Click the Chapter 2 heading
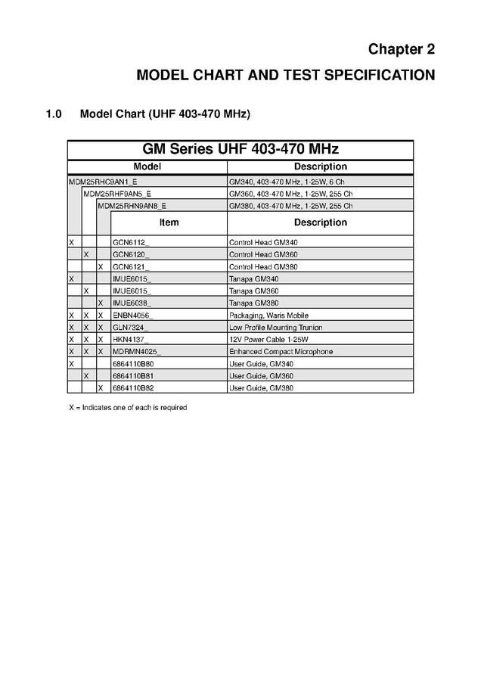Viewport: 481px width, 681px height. pyautogui.click(x=401, y=49)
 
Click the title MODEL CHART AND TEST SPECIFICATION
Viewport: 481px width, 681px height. pyautogui.click(x=285, y=75)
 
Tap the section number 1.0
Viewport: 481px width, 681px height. pyautogui.click(x=53, y=114)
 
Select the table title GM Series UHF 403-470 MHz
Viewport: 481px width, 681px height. pyautogui.click(x=240, y=148)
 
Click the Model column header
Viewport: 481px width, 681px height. pyautogui.click(x=147, y=166)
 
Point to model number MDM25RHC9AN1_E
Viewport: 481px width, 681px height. pyautogui.click(x=103, y=182)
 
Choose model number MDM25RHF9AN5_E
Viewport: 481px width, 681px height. pyautogui.click(x=117, y=194)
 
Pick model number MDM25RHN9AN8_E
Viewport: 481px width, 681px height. pyautogui.click(x=132, y=206)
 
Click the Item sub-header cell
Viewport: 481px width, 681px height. pyautogui.click(x=169, y=222)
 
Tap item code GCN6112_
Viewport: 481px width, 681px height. pyautogui.click(x=131, y=243)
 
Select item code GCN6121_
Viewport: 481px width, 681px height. pyautogui.click(x=131, y=267)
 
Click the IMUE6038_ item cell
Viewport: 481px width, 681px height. pyautogui.click(x=132, y=303)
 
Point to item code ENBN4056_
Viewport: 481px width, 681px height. pyautogui.click(x=132, y=316)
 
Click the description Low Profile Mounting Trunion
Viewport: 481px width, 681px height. pyautogui.click(x=275, y=328)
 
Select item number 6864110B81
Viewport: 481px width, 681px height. pyautogui.click(x=132, y=376)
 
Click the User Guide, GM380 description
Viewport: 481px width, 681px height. pyautogui.click(x=262, y=388)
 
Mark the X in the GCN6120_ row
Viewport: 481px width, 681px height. pyautogui.click(x=86, y=255)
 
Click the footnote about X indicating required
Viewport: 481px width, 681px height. pyautogui.click(x=128, y=408)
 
